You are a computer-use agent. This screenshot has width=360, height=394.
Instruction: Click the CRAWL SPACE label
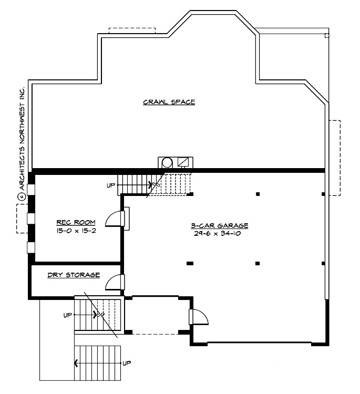click(169, 102)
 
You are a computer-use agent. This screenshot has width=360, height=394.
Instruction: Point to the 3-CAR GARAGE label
click(219, 226)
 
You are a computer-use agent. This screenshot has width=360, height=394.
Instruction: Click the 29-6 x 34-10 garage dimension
click(219, 234)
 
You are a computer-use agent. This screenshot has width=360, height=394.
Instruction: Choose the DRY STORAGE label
click(73, 275)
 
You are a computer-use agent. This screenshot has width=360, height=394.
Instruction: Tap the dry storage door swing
click(114, 283)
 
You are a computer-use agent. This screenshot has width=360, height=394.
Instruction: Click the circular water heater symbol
click(167, 162)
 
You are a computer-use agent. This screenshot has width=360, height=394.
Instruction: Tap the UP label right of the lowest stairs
click(126, 363)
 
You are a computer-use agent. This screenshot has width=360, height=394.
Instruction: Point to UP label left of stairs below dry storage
click(67, 315)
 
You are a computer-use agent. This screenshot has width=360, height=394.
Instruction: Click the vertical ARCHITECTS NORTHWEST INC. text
click(22, 139)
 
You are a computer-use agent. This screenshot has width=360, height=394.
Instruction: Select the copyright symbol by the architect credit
click(22, 196)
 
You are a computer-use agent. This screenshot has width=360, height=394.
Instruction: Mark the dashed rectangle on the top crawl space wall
click(132, 30)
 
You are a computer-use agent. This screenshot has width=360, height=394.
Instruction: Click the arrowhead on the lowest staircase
click(77, 362)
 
